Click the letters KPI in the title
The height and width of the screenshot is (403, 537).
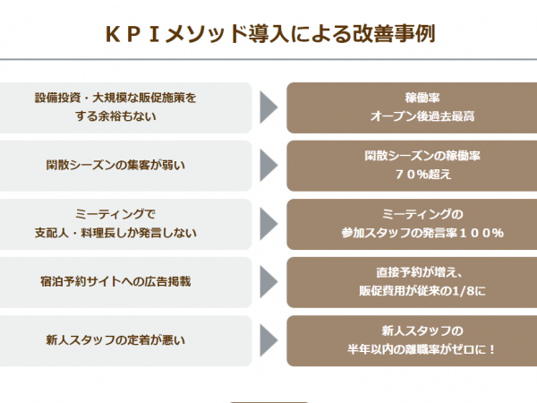tap(132, 34)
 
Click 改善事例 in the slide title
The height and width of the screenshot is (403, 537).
tap(394, 34)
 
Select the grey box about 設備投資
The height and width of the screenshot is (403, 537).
tap(125, 107)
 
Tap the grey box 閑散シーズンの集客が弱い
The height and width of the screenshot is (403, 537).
tap(125, 166)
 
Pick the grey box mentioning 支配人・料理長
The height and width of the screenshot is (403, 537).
tap(125, 224)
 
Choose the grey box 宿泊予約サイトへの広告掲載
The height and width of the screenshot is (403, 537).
tap(125, 282)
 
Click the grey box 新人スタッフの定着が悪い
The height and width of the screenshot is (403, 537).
tap(125, 340)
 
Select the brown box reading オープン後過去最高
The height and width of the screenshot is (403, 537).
tap(412, 107)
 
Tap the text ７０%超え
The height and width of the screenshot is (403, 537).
tap(423, 175)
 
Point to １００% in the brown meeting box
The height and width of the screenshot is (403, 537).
tap(482, 234)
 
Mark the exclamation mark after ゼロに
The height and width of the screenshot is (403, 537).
tap(492, 350)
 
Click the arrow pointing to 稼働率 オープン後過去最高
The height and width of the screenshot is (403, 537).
tap(268, 107)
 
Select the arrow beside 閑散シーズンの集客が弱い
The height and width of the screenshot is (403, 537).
tap(268, 166)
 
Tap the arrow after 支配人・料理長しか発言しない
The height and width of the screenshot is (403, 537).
tap(268, 224)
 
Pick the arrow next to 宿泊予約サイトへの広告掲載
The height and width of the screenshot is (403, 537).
tap(268, 282)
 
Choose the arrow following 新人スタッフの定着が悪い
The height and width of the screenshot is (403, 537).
tap(268, 340)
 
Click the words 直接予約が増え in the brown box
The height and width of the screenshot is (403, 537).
tap(416, 273)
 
